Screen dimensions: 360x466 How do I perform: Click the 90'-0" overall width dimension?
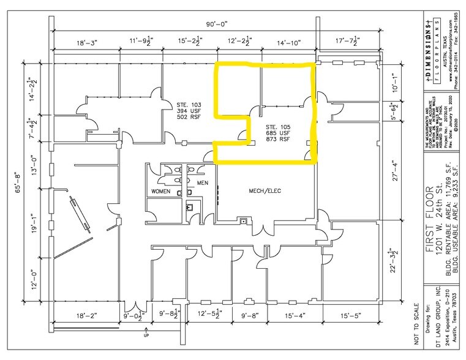pyautogui.click(x=216, y=24)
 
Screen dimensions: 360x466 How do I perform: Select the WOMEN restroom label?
pyautogui.click(x=161, y=191)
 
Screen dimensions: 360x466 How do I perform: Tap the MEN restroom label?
pyautogui.click(x=202, y=183)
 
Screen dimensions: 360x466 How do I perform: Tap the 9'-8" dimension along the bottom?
pyautogui.click(x=251, y=316)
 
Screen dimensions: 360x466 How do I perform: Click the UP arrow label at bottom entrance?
pyautogui.click(x=145, y=337)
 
